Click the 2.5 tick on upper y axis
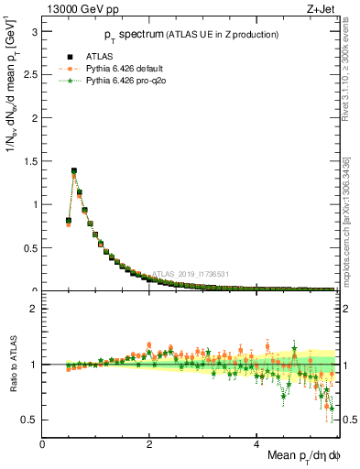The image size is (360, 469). tap(30, 74)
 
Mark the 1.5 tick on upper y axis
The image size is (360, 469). tap(30, 160)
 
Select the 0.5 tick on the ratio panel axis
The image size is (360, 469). tap(30, 420)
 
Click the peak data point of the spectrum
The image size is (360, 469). tap(74, 170)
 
